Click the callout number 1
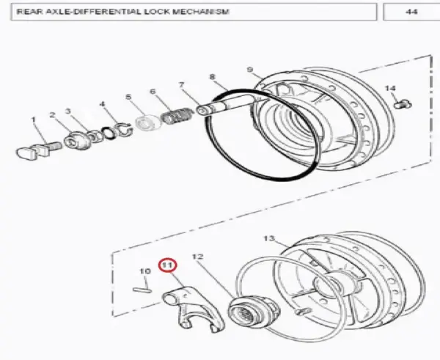pos(34,120)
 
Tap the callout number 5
pos(128,97)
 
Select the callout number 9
pos(250,70)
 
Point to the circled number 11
pos(167,265)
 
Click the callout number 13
pos(269,238)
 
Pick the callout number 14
pos(390,89)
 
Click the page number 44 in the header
pos(411,12)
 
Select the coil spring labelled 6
pos(177,116)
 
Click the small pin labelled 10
pos(142,290)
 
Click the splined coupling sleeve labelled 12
pos(254,312)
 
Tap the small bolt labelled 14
pos(403,104)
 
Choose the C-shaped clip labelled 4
pos(124,130)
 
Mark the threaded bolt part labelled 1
pos(39,150)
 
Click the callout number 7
pos(182,84)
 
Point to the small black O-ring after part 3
pos(109,133)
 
